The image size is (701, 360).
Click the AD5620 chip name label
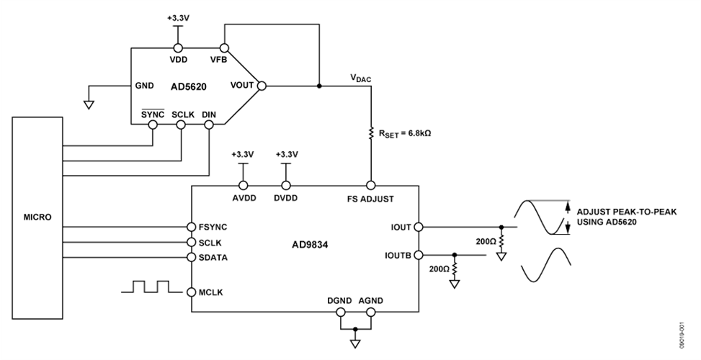point(189,86)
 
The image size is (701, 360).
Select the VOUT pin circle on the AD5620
point(262,86)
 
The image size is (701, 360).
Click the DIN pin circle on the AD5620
point(209,125)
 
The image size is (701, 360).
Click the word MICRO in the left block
point(37,217)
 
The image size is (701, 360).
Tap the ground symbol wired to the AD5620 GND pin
point(89,105)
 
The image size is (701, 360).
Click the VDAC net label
point(360,79)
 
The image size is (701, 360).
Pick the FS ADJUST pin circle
point(371,184)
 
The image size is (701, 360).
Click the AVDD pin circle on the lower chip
point(243,184)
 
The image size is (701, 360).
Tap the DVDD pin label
point(286,197)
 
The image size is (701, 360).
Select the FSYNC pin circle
point(191,226)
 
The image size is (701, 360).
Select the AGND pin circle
point(371,312)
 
